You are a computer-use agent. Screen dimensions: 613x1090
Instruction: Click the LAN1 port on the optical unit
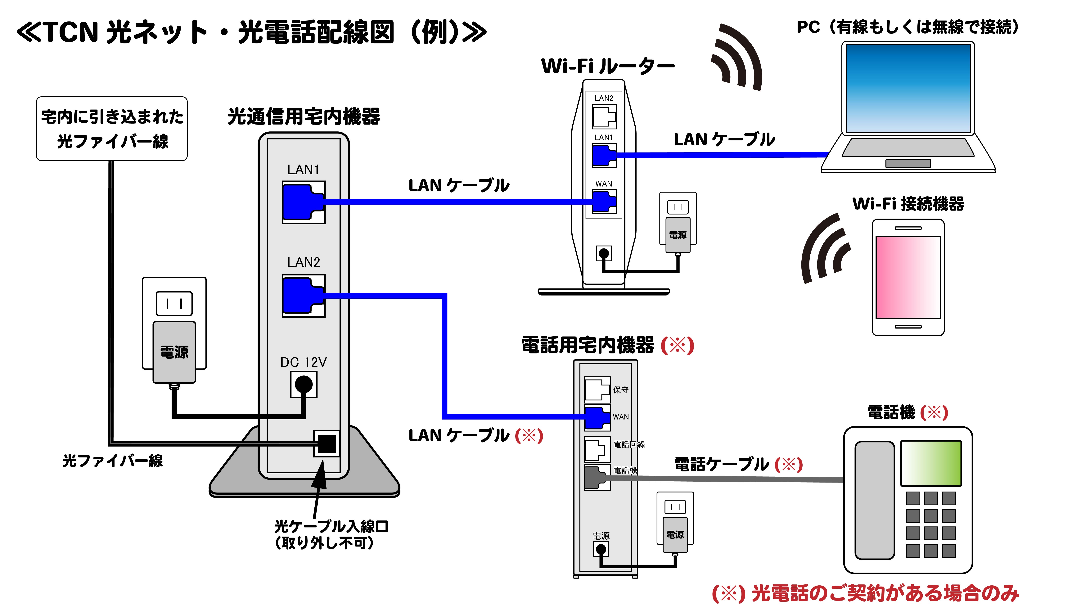point(303,202)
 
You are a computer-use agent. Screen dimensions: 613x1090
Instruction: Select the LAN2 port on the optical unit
point(303,296)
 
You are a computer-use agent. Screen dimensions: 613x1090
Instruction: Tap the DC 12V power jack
point(303,384)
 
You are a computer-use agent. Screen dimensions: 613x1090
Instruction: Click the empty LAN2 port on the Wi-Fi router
point(604,117)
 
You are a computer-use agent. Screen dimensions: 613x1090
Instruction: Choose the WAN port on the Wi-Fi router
point(604,202)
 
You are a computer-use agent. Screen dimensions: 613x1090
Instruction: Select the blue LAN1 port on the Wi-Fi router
point(604,155)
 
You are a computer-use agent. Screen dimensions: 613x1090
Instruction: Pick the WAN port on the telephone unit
point(597,417)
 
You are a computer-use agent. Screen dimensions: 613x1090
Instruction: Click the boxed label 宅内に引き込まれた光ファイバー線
point(112,129)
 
